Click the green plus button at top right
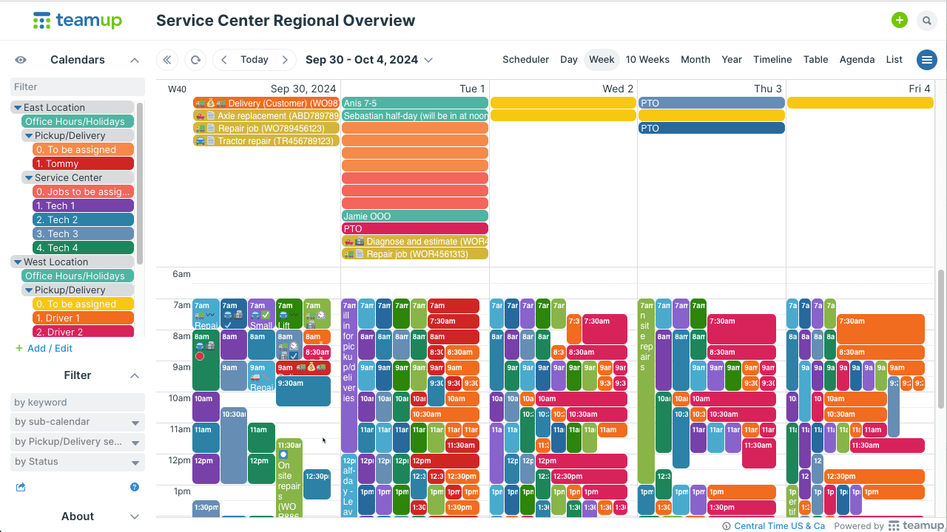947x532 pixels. [x=899, y=21]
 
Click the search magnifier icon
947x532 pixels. [x=926, y=21]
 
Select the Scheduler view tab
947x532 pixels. [x=525, y=60]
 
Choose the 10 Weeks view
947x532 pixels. [x=647, y=60]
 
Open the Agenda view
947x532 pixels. [x=857, y=60]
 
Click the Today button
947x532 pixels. [x=254, y=60]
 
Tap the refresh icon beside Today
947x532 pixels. [x=195, y=60]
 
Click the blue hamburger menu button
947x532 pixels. [x=926, y=60]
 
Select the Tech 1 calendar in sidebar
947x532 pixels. [x=83, y=206]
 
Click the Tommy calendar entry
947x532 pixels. [x=83, y=164]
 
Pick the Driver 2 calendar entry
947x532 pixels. [x=83, y=332]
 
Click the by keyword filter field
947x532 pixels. [x=78, y=403]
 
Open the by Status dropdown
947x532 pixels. [x=78, y=462]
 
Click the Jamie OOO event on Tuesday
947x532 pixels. [x=414, y=216]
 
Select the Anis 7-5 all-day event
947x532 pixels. [x=414, y=103]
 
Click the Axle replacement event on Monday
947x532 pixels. [x=266, y=116]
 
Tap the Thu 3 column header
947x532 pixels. [x=767, y=89]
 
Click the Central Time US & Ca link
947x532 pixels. [x=779, y=526]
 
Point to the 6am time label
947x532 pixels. [x=181, y=274]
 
